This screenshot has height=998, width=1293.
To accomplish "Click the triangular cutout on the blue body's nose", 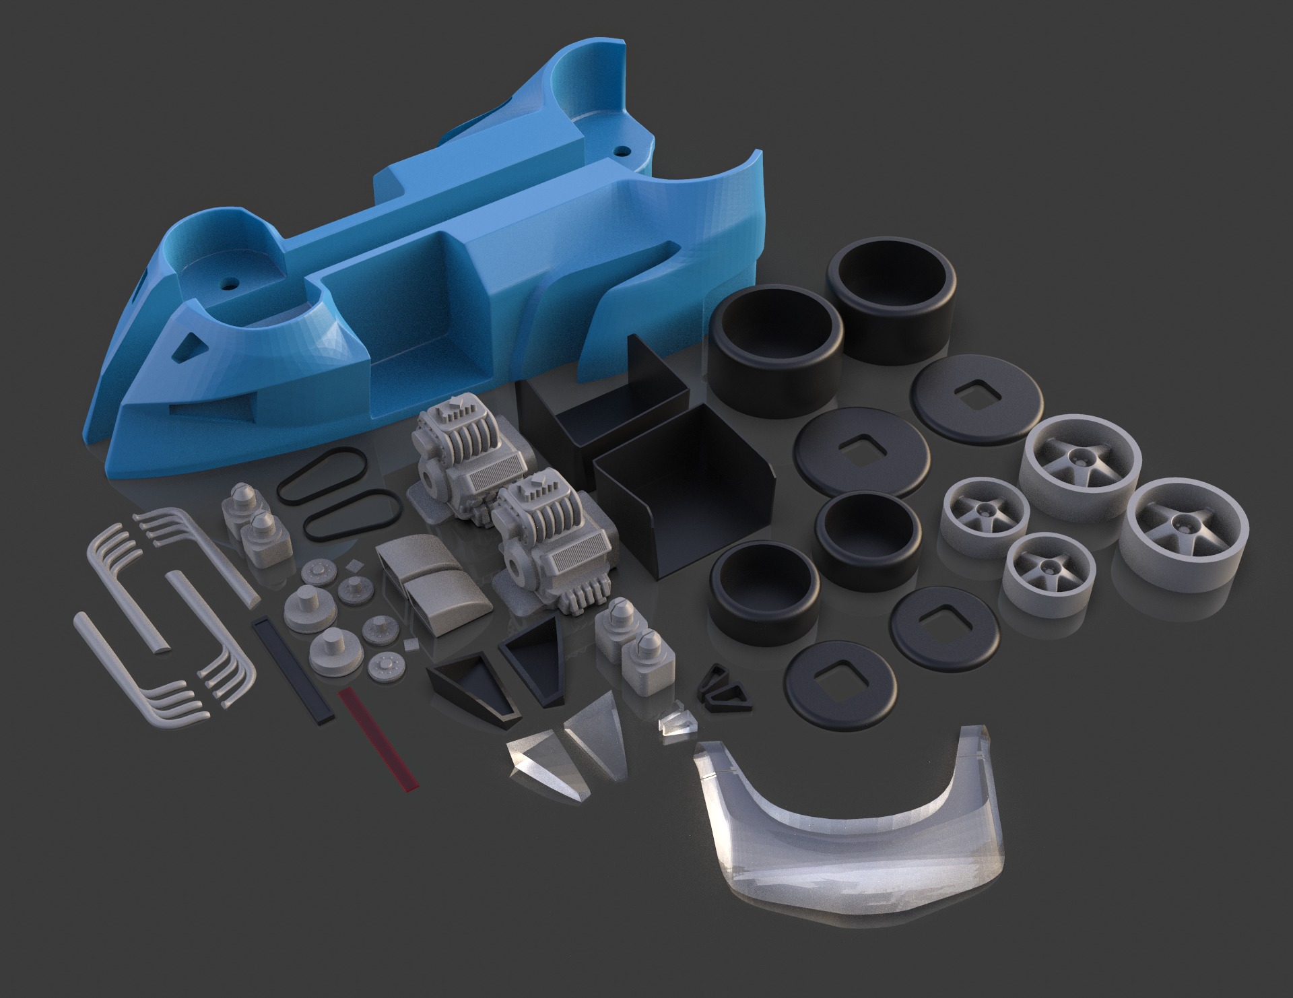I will point(187,347).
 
